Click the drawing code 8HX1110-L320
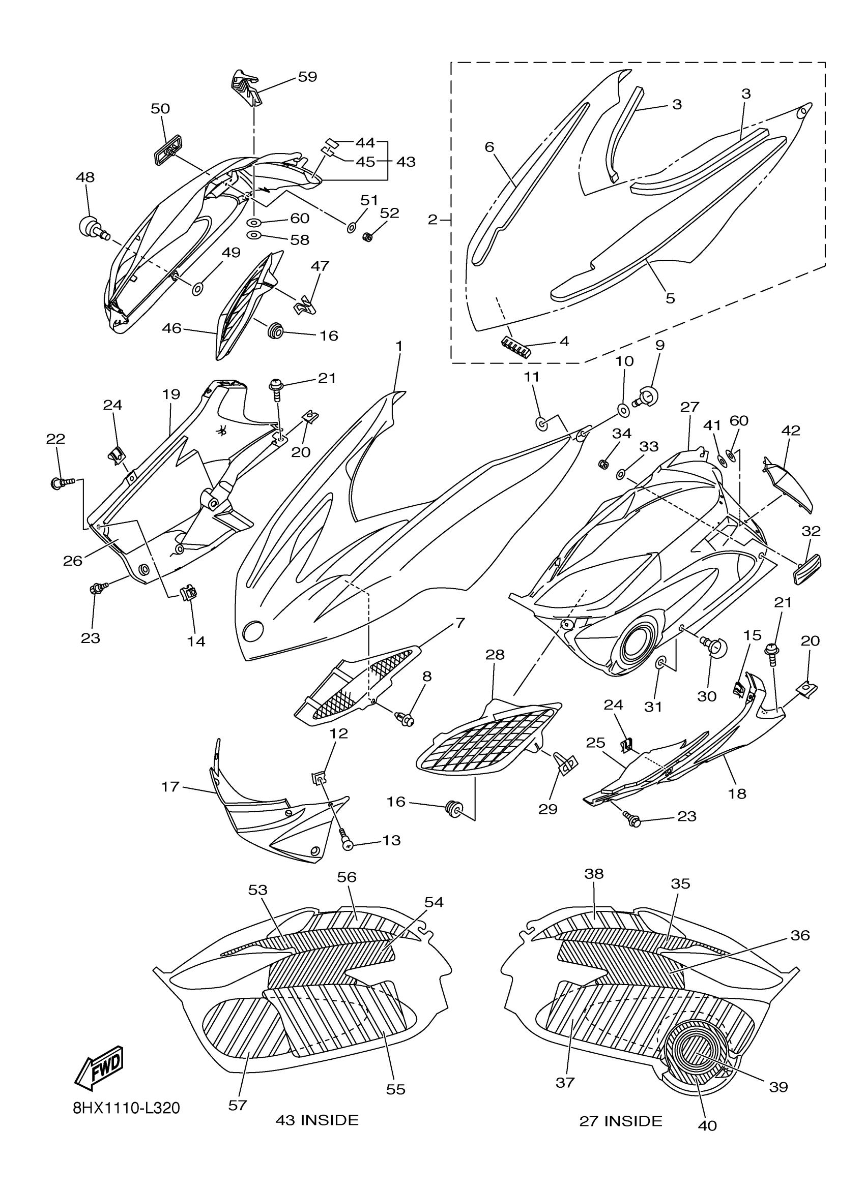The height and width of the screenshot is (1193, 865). (x=126, y=1108)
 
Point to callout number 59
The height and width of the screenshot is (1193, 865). (x=307, y=77)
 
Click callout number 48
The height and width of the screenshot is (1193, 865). (x=85, y=177)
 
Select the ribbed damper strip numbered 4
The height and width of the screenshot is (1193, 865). (x=514, y=347)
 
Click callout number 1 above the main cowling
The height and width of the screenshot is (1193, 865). (x=399, y=346)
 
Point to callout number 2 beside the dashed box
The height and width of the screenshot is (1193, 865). (x=433, y=220)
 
